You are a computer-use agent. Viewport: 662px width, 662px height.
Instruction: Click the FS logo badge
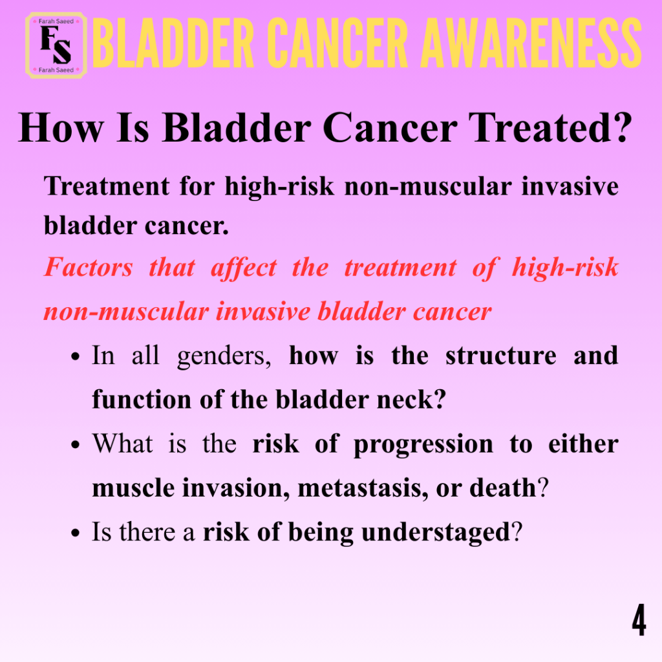(x=56, y=45)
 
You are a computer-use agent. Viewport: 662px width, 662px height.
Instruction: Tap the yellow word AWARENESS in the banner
(x=531, y=43)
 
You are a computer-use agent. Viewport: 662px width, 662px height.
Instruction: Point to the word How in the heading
(x=61, y=127)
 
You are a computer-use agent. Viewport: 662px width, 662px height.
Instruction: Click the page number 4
(x=639, y=620)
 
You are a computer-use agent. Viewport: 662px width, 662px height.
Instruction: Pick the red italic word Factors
(x=88, y=267)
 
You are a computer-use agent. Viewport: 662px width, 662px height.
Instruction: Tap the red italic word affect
(x=244, y=268)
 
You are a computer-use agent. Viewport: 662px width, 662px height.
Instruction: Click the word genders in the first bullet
(x=224, y=356)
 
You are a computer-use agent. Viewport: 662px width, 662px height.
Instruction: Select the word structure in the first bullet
(x=501, y=356)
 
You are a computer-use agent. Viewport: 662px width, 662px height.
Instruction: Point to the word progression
(x=423, y=445)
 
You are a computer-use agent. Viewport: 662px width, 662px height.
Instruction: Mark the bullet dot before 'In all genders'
(x=76, y=357)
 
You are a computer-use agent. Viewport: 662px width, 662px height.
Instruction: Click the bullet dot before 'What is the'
(x=76, y=445)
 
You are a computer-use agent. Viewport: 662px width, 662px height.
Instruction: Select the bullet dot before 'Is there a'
(x=76, y=533)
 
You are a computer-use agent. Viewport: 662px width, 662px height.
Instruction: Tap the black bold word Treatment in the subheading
(x=107, y=186)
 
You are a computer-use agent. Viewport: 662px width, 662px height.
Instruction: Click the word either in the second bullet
(x=584, y=443)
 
